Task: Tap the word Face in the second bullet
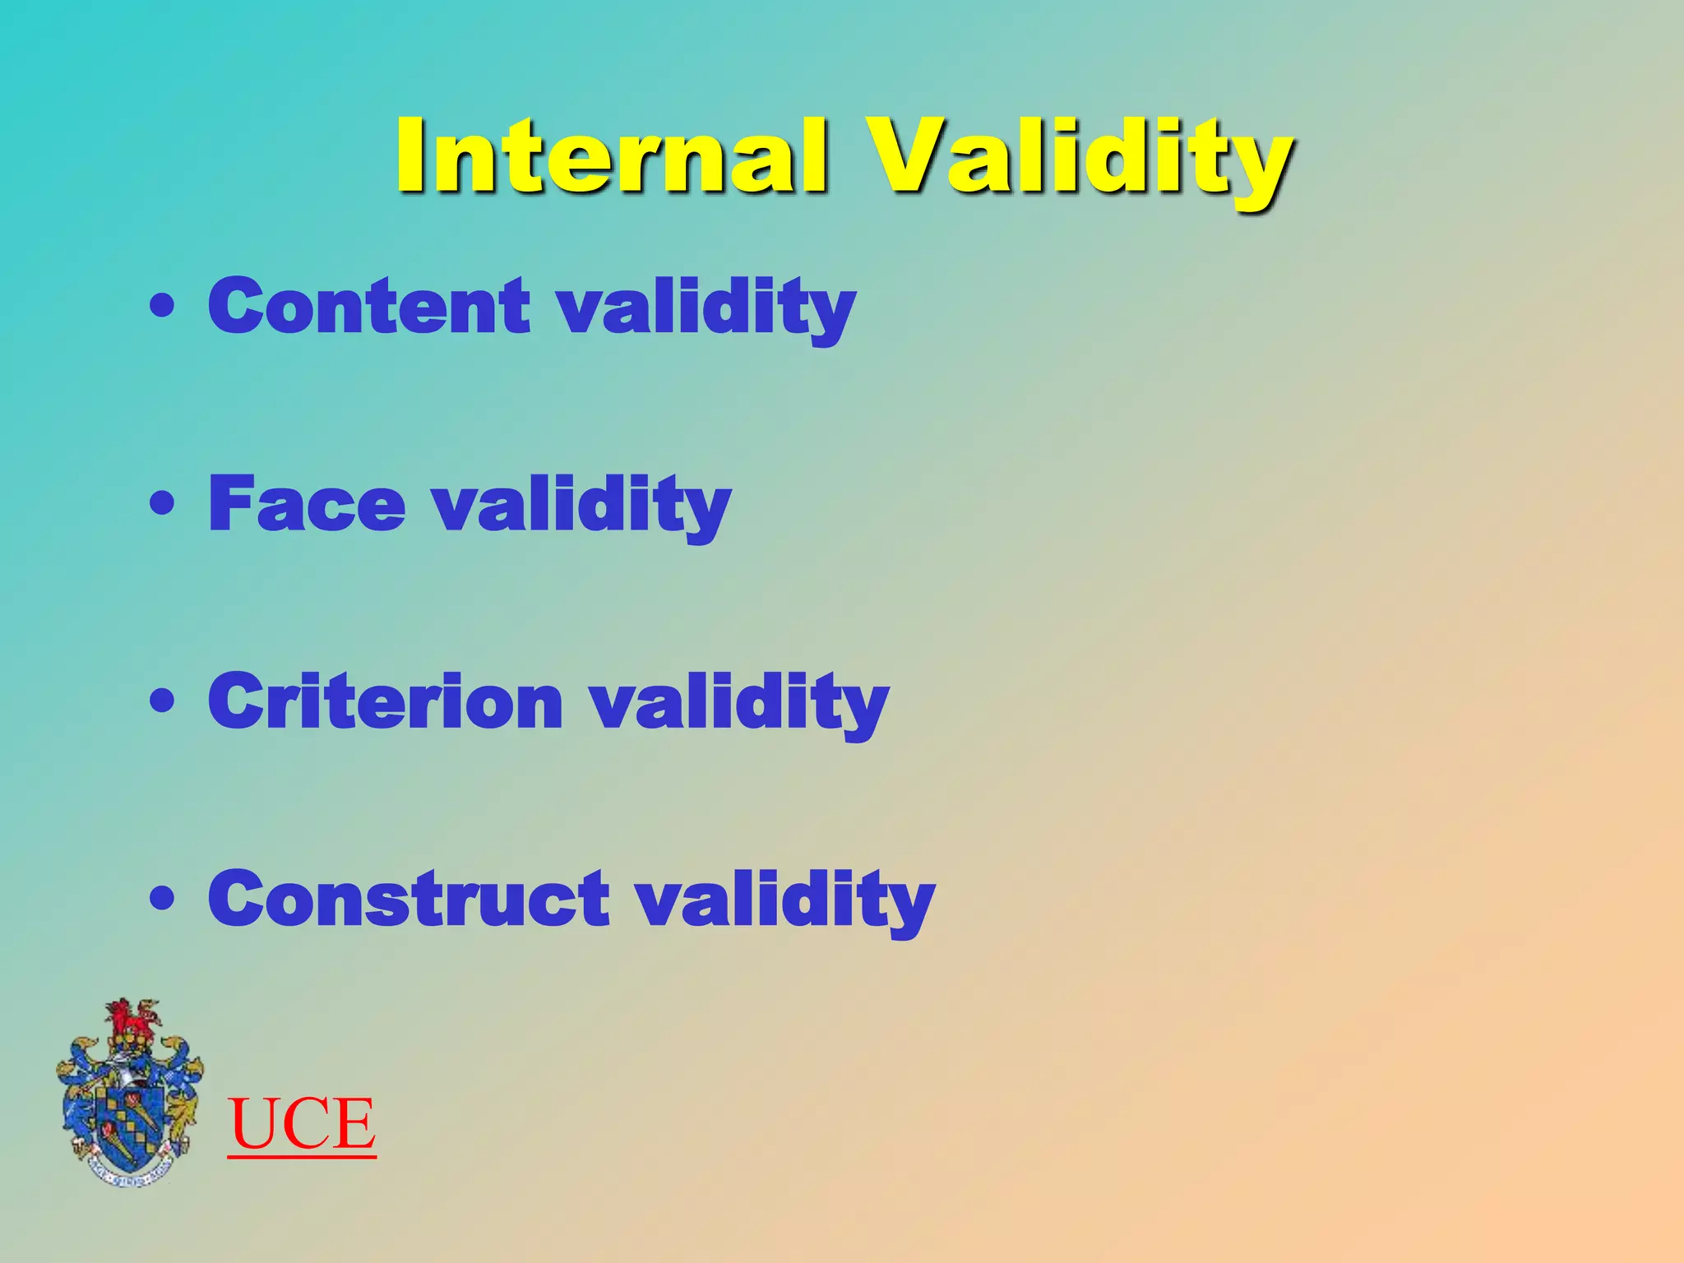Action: [x=307, y=504]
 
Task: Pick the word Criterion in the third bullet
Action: [x=385, y=701]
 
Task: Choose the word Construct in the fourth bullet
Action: [x=409, y=899]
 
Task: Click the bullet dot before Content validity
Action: [x=163, y=307]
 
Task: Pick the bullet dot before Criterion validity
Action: [x=163, y=701]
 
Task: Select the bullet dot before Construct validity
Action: [x=163, y=898]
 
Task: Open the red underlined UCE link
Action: [x=302, y=1125]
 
